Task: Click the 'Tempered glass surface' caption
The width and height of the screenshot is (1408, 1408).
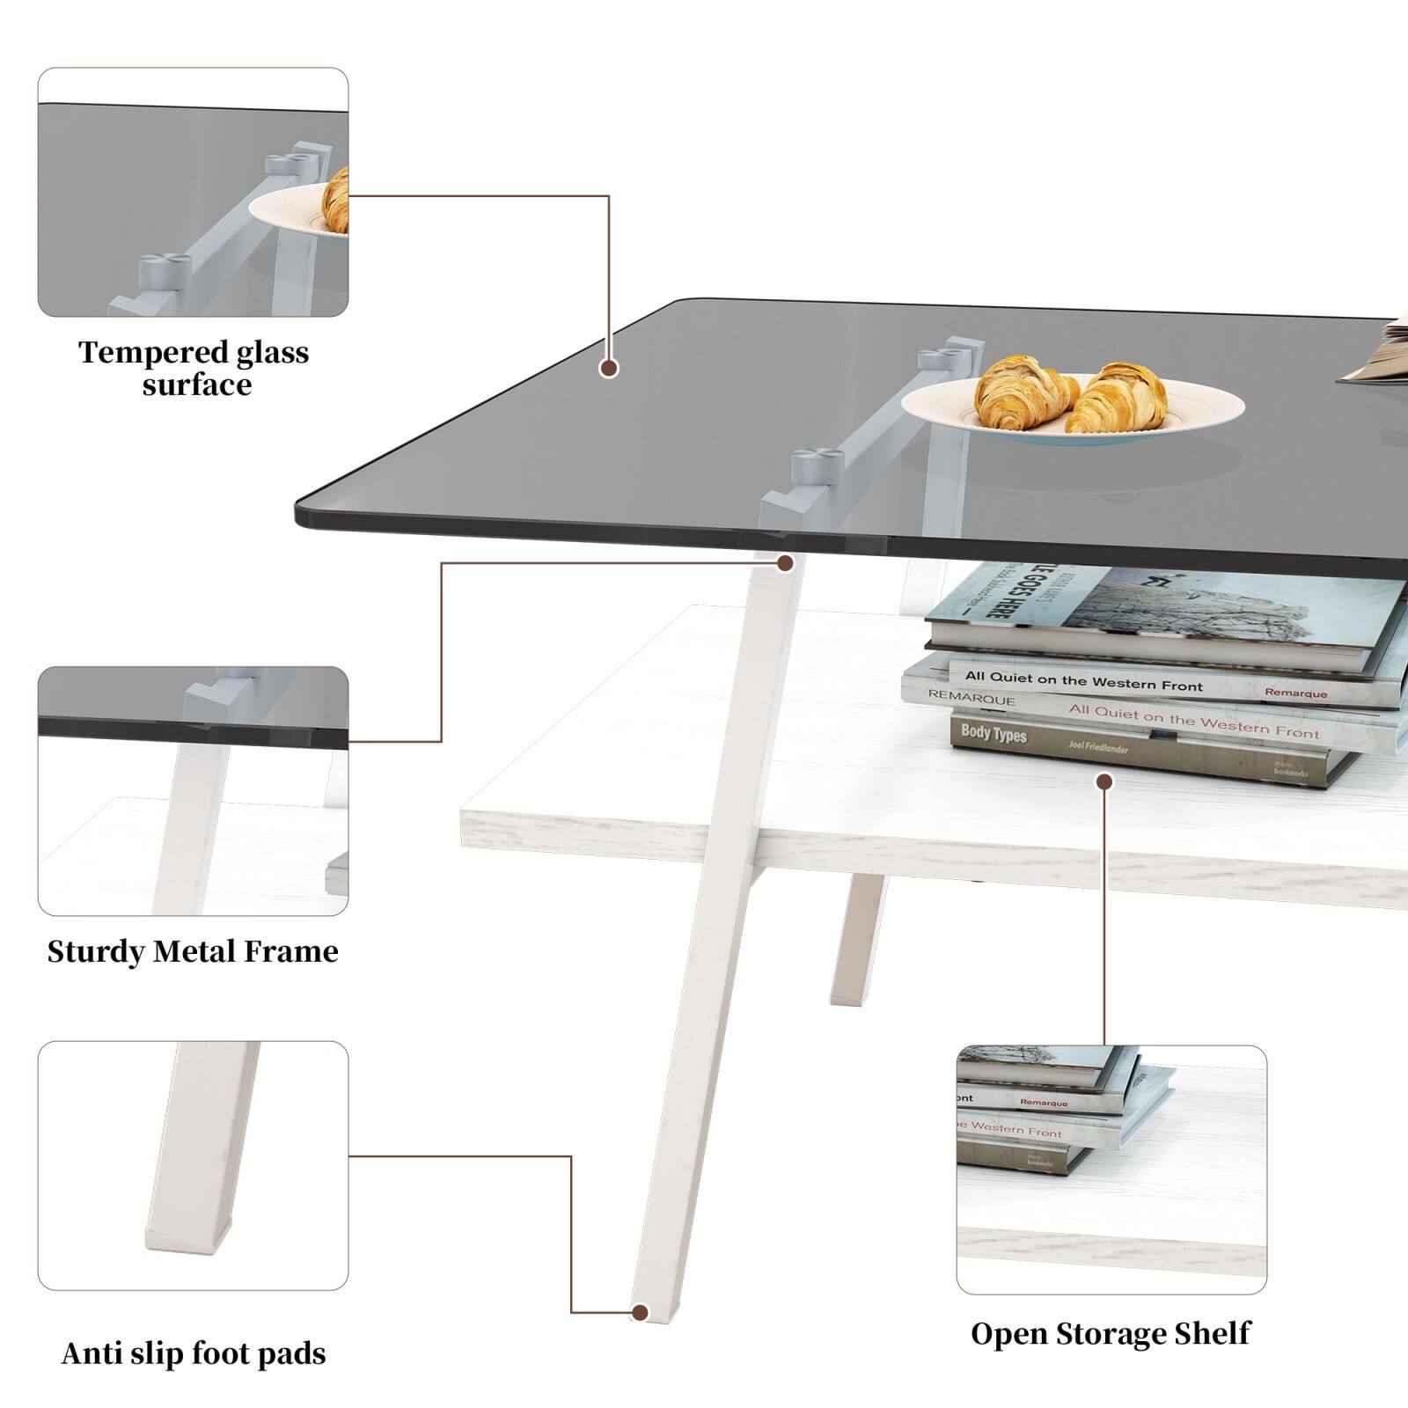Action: coord(194,368)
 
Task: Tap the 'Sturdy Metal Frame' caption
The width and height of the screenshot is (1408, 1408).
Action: coord(193,951)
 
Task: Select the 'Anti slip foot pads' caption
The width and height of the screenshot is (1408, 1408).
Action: coord(194,1353)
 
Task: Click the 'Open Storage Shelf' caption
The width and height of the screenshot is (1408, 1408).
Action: coord(1110,1333)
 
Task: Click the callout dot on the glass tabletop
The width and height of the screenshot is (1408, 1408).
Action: coord(608,368)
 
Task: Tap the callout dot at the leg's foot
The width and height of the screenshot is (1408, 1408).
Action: coord(641,1312)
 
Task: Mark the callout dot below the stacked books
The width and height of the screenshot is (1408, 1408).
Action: coord(1104,781)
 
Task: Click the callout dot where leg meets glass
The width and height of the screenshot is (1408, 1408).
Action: coord(785,563)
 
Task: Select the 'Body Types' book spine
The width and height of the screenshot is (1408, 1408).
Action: coord(994,732)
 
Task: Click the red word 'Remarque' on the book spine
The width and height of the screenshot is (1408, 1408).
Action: coord(1295,693)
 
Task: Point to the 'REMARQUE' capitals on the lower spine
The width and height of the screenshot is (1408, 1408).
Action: coord(972,698)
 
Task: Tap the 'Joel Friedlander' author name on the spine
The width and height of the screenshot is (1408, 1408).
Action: coord(1098,747)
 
